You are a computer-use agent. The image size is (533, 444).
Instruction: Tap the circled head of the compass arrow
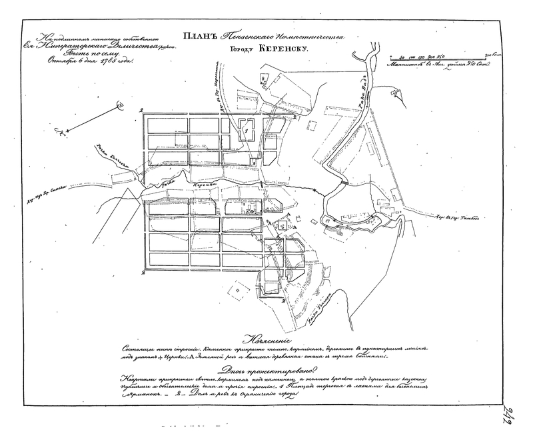pyautogui.click(x=121, y=104)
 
